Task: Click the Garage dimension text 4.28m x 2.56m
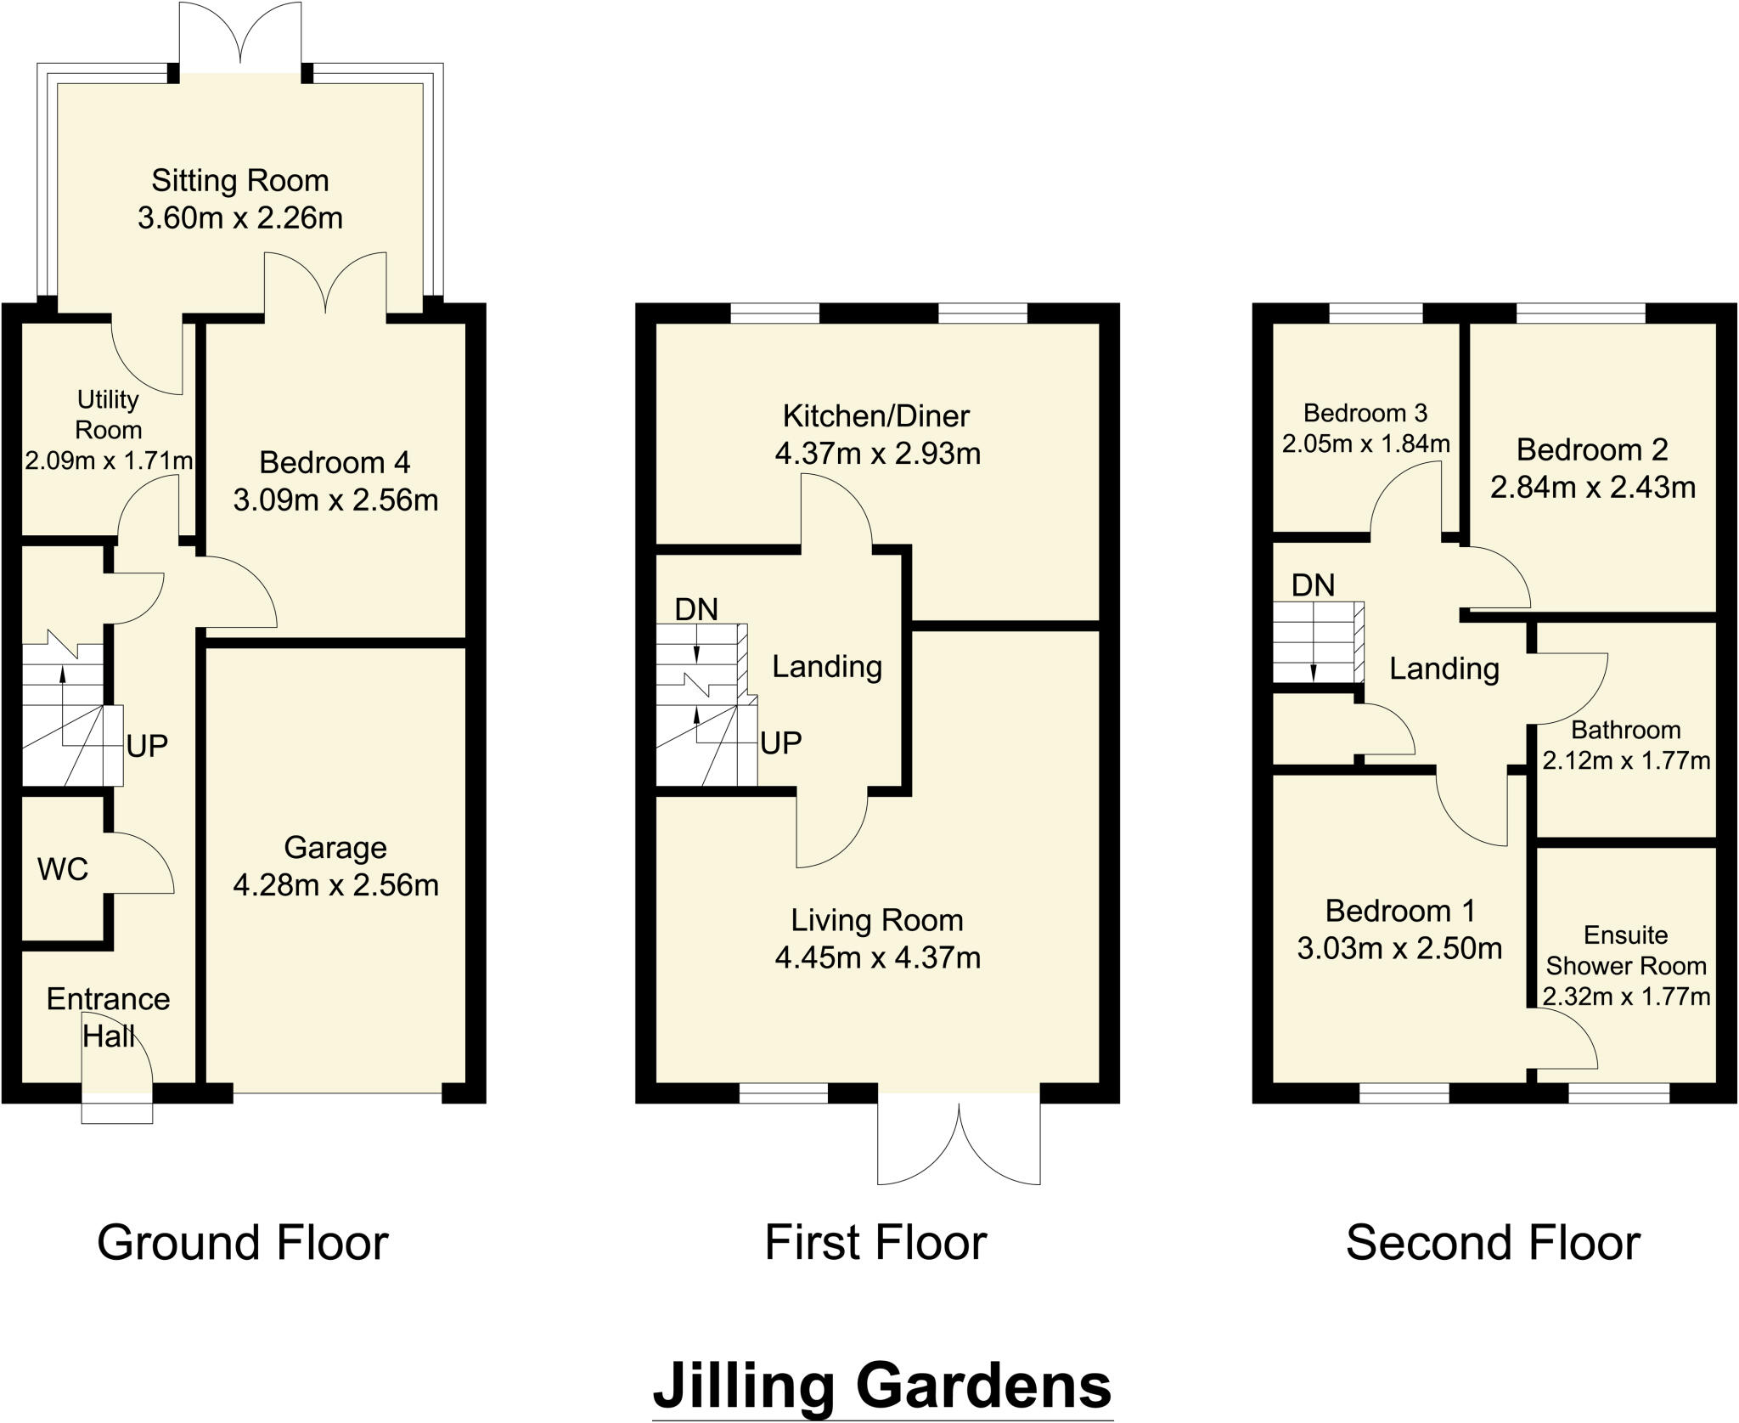point(335,886)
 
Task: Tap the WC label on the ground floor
point(63,869)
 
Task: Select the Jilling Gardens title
point(882,1384)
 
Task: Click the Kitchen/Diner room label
point(875,416)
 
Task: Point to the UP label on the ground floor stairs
point(147,747)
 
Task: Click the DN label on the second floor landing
point(1313,585)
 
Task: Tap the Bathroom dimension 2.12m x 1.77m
point(1625,760)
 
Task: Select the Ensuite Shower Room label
point(1625,951)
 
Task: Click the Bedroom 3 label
point(1365,414)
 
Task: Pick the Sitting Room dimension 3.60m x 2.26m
point(240,218)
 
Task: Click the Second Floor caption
point(1492,1243)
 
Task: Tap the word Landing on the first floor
point(826,667)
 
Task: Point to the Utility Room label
point(108,415)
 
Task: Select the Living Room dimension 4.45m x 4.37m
point(877,958)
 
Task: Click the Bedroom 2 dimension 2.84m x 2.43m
point(1592,488)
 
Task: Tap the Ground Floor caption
point(243,1243)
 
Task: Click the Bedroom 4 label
point(335,463)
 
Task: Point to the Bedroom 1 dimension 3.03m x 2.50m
point(1399,948)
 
